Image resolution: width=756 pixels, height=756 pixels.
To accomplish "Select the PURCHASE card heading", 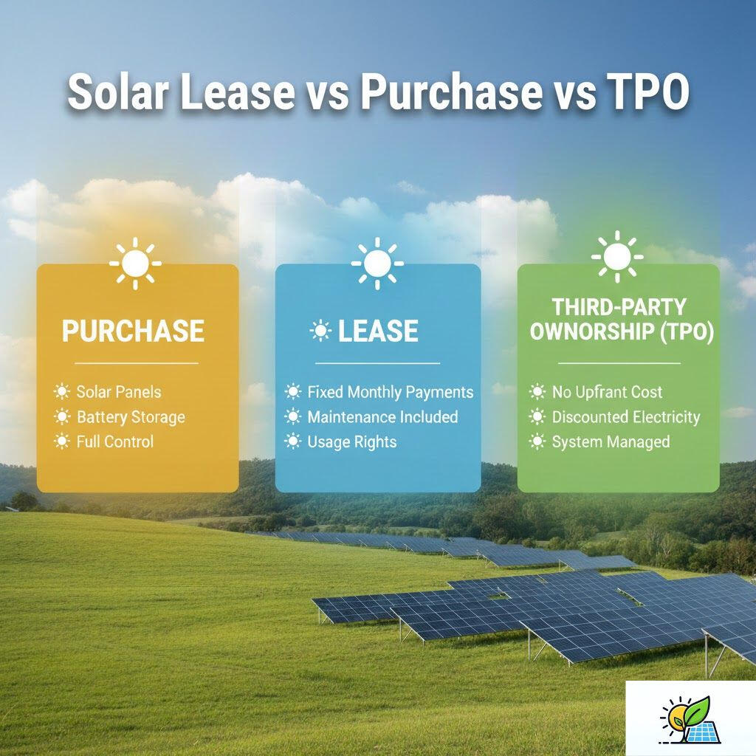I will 133,331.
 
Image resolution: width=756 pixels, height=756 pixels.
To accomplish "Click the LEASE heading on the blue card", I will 378,331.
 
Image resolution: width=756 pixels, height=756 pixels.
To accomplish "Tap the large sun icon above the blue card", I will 377,262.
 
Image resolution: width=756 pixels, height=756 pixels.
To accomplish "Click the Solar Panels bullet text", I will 118,392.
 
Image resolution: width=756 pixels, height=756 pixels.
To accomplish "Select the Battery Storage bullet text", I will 131,417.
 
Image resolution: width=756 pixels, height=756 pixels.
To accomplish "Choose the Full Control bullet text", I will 115,442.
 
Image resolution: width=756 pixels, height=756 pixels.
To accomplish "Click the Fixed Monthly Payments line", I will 390,392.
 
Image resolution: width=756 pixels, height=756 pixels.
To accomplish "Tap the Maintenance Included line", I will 382,417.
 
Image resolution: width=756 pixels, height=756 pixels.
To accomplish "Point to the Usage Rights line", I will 352,442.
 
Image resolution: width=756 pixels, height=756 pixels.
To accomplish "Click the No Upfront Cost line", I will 607,392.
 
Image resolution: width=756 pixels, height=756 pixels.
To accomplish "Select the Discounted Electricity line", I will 625,417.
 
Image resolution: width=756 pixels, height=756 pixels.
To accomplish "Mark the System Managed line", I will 611,442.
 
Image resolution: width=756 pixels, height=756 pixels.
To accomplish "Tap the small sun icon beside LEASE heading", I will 320,331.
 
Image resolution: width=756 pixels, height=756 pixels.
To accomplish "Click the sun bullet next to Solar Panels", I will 61,392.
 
